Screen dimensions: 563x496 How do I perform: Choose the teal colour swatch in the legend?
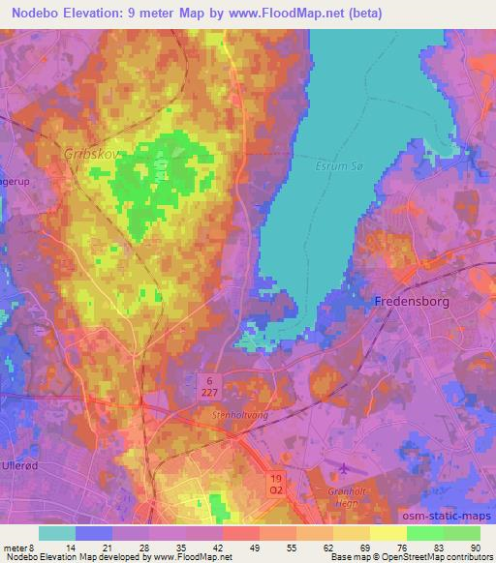(57, 533)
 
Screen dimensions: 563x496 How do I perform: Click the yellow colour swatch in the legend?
(388, 533)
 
